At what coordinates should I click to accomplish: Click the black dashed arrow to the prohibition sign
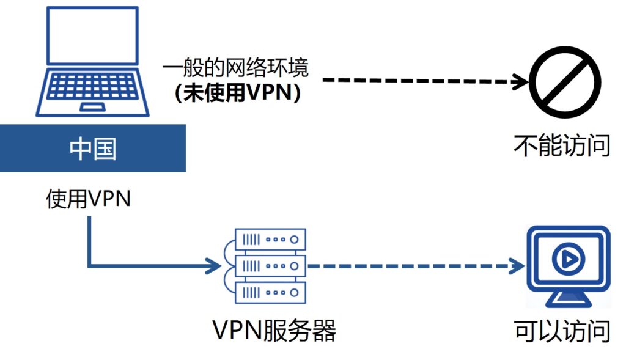[x=416, y=80]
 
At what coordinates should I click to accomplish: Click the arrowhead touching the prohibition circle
[x=520, y=80]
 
